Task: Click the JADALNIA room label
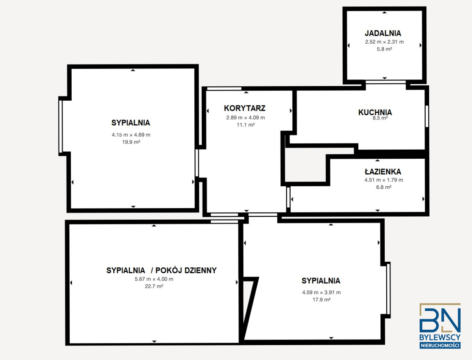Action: pyautogui.click(x=383, y=33)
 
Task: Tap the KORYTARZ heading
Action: pyautogui.click(x=245, y=108)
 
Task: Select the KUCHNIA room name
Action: pyautogui.click(x=375, y=112)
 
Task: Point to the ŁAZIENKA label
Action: pyautogui.click(x=383, y=171)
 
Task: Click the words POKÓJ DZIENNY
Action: pyautogui.click(x=186, y=270)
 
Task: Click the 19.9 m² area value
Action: pyautogui.click(x=131, y=142)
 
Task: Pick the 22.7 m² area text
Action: pyautogui.click(x=154, y=287)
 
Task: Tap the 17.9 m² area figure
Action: pyautogui.click(x=321, y=299)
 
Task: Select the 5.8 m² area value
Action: pyautogui.click(x=384, y=49)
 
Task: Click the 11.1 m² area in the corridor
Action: pyautogui.click(x=246, y=125)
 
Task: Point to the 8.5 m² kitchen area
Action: pyautogui.click(x=380, y=118)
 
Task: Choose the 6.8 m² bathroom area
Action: pyautogui.click(x=383, y=187)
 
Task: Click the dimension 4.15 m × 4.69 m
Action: pyautogui.click(x=131, y=135)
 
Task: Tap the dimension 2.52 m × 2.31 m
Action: pyautogui.click(x=384, y=42)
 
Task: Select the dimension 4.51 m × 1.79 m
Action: pyautogui.click(x=383, y=180)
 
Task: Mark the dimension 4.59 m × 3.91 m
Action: pyautogui.click(x=321, y=292)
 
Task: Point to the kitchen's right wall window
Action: pyautogui.click(x=427, y=116)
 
